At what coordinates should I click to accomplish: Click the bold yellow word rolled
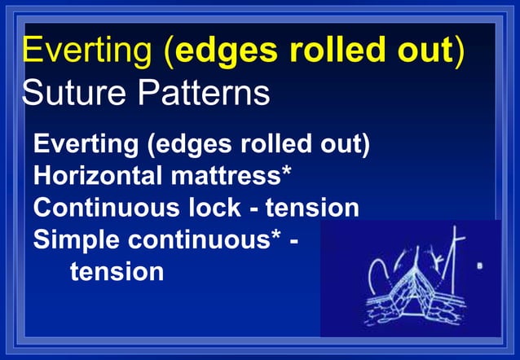316,51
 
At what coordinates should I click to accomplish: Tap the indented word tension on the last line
117,270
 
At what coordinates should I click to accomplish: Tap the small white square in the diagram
479,266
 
